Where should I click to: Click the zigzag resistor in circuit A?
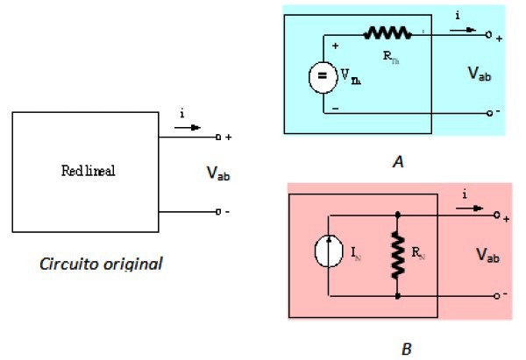(387, 33)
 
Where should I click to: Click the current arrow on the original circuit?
(188, 127)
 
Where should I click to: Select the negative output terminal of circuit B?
(496, 296)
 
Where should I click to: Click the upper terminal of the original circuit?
(218, 138)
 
